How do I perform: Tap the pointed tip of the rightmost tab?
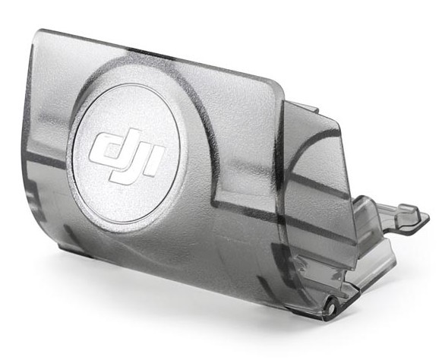429,217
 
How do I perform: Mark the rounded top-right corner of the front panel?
278,85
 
